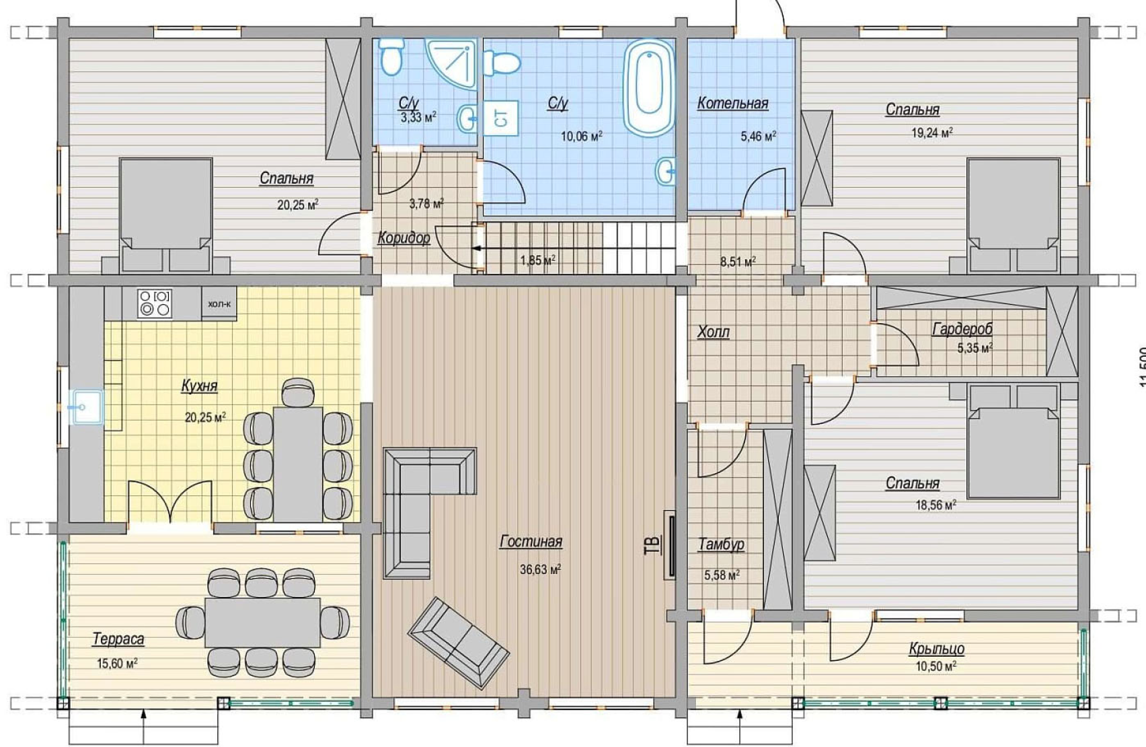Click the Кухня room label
point(200,386)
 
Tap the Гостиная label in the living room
point(531,542)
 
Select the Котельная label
point(732,104)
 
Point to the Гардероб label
point(962,328)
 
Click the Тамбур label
point(722,544)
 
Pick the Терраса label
point(118,639)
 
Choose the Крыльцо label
point(937,649)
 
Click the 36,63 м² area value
point(540,569)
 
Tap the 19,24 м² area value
point(932,133)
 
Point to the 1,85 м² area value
point(538,260)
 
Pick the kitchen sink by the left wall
point(87,407)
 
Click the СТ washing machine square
point(501,118)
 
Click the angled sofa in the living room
point(459,643)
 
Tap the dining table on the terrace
point(262,622)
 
